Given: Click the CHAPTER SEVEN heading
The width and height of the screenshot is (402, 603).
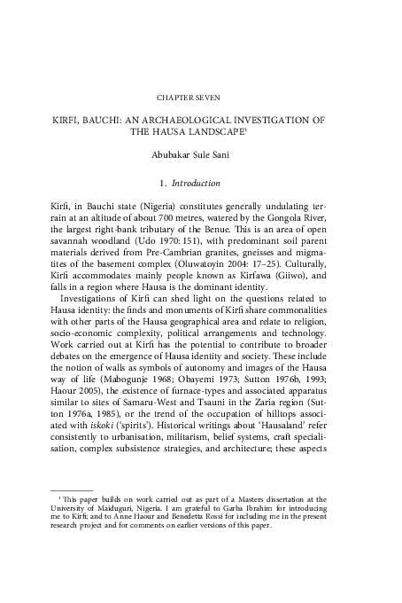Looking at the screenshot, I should point(201,92).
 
